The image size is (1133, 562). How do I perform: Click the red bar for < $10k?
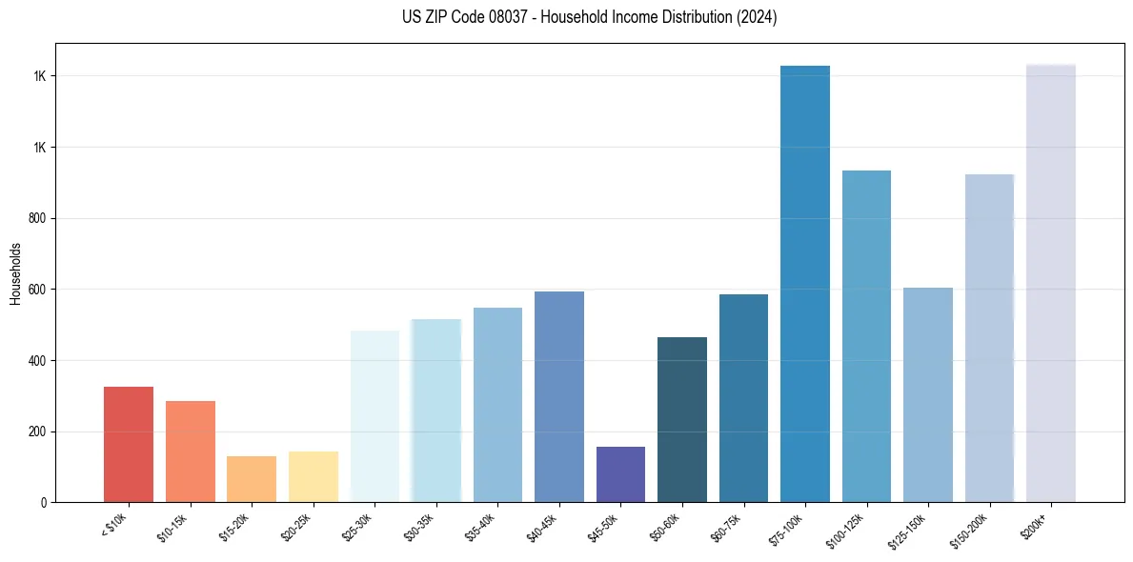(128, 444)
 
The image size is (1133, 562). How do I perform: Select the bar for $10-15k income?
(190, 452)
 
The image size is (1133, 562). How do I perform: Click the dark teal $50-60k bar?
(682, 419)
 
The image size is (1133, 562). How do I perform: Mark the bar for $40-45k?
(559, 396)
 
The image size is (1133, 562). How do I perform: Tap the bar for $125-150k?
(928, 394)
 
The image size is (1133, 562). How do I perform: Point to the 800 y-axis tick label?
(37, 219)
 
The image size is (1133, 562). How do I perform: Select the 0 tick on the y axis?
(44, 503)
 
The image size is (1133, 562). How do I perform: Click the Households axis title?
(15, 273)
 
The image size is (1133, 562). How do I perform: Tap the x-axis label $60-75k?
(729, 525)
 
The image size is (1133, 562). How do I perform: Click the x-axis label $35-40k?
(482, 525)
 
